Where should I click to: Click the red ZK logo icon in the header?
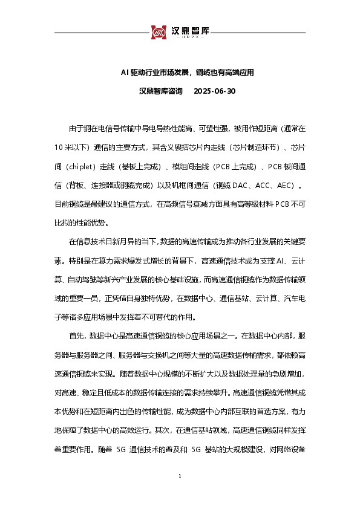[159, 31]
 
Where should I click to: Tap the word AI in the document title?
[124, 73]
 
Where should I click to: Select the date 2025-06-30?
[214, 91]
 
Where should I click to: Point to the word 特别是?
[79, 261]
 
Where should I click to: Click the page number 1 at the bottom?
[180, 478]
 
